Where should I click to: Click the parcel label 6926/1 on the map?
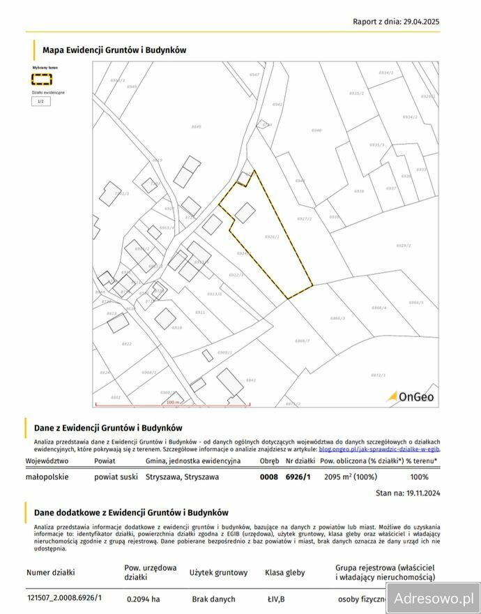[272, 237]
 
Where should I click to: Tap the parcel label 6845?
[196, 126]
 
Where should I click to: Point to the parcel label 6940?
[316, 130]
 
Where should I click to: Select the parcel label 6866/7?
[302, 340]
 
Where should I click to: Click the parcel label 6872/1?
[378, 375]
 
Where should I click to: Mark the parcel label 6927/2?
[304, 218]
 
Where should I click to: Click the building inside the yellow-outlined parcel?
[245, 212]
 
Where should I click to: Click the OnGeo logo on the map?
[411, 397]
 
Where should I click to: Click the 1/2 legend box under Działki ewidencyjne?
[40, 101]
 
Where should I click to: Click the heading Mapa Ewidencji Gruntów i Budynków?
[114, 50]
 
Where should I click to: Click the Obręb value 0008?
[268, 477]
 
